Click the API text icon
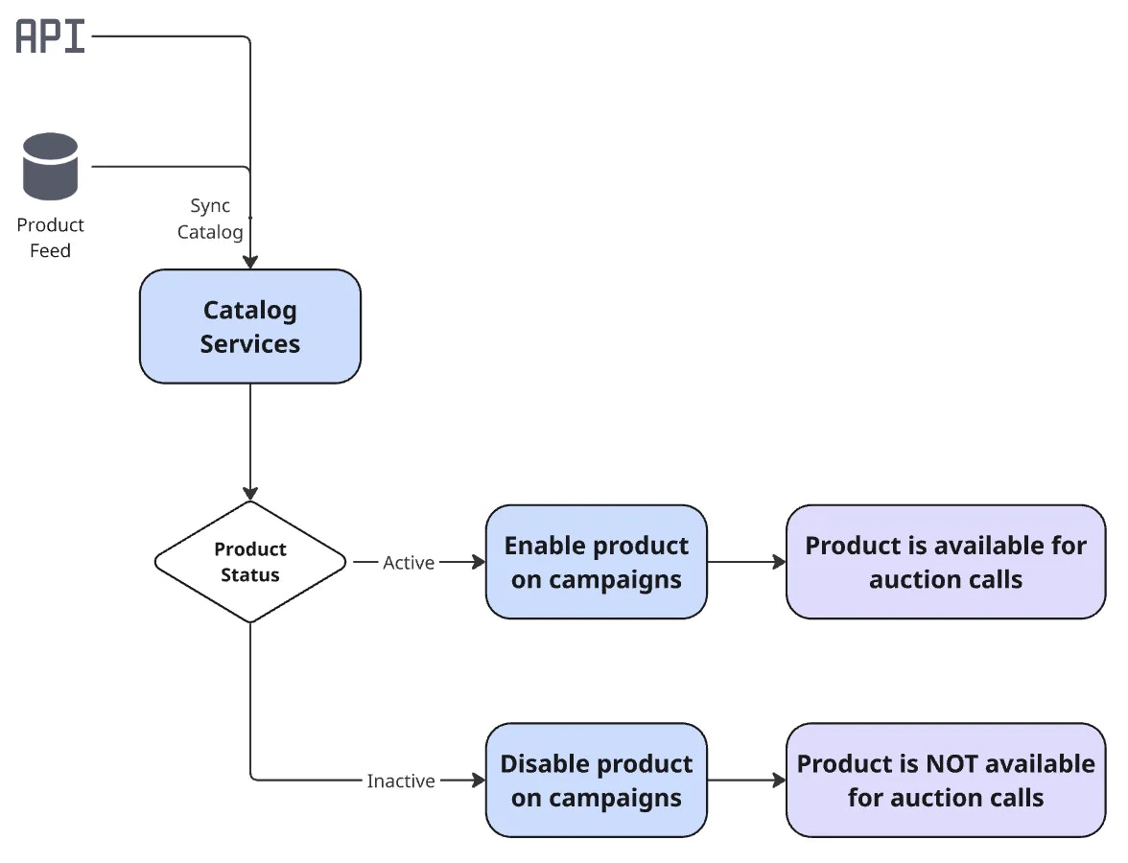[51, 36]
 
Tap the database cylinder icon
[50, 166]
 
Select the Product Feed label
[50, 238]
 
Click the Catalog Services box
[250, 327]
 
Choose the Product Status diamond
[250, 562]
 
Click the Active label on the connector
[409, 563]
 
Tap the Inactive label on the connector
[401, 781]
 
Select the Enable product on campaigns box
[596, 562]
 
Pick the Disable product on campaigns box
[596, 781]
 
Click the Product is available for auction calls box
[945, 562]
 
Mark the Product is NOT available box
[945, 781]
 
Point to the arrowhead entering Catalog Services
[250, 262]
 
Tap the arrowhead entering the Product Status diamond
[250, 493]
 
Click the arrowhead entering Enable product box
[478, 563]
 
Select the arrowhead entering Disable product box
[478, 781]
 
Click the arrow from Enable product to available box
[746, 563]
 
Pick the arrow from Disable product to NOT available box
[746, 781]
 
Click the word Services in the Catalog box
[250, 344]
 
